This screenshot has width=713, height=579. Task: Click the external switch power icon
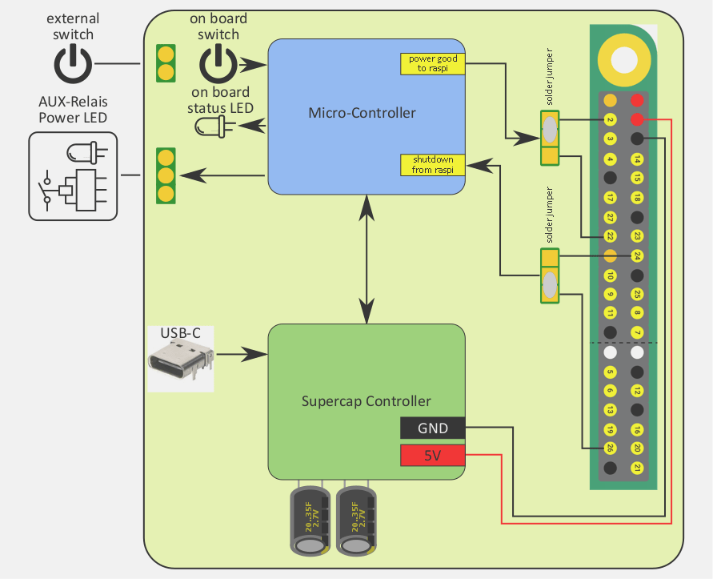click(73, 64)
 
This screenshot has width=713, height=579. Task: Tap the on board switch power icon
click(218, 64)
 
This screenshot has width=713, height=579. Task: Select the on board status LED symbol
click(212, 126)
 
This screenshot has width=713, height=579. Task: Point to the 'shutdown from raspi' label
click(433, 164)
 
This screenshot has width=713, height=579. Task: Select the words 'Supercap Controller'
click(367, 401)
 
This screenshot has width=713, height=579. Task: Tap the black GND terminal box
click(433, 428)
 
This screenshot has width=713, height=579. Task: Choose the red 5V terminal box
click(433, 456)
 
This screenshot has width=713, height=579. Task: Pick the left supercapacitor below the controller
click(309, 519)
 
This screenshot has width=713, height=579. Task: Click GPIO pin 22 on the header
click(610, 236)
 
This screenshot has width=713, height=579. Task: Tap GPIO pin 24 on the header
click(637, 256)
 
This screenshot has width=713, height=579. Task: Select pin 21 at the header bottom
click(637, 468)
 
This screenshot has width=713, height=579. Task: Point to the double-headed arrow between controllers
click(367, 258)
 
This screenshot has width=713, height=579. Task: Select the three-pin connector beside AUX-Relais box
click(166, 175)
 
